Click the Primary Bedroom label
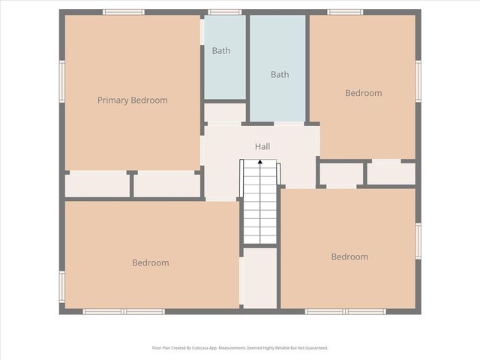coord(132,100)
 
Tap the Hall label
coord(262,147)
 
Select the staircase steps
coord(259,206)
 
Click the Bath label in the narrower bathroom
coord(220,51)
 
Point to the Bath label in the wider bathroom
coord(280,74)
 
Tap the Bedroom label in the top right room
coord(363,93)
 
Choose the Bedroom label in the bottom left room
coord(150,262)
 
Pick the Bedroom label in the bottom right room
coord(349,256)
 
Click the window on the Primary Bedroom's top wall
coord(124,12)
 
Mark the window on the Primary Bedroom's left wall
coord(62,81)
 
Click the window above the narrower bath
coord(225,12)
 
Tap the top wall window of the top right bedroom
coord(345,12)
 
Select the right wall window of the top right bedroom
coord(418,80)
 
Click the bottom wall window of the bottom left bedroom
coord(123,311)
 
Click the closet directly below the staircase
coord(259,277)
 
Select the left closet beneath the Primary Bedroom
coord(97,185)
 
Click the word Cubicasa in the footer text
coord(211,348)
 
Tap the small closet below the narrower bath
coord(224,113)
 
